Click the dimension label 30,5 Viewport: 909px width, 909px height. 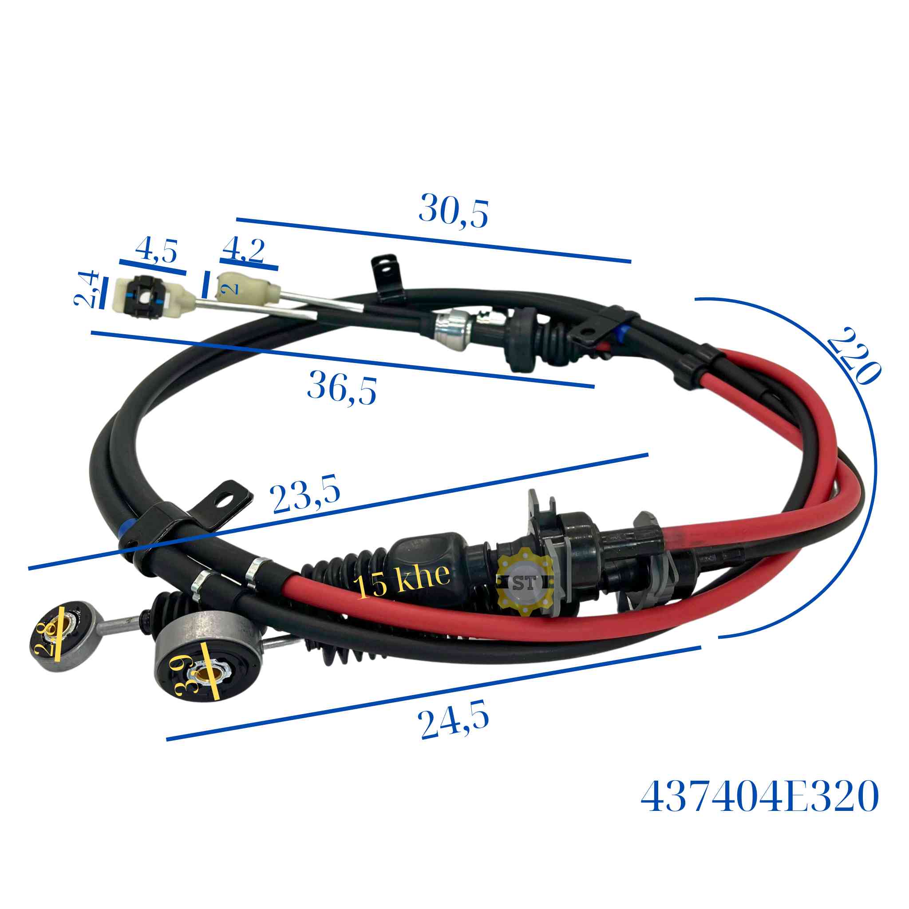(x=453, y=210)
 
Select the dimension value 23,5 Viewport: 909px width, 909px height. (x=305, y=495)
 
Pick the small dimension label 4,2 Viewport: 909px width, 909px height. (x=243, y=250)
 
